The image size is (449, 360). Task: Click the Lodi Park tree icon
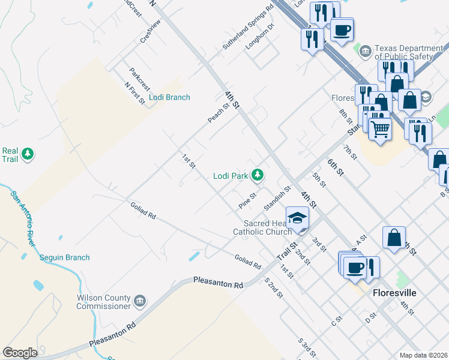(258, 175)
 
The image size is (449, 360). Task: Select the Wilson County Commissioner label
(103, 302)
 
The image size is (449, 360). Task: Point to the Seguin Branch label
(65, 257)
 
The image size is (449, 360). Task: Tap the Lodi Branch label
(170, 97)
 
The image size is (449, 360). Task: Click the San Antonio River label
(22, 213)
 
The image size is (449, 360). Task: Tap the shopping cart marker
(379, 128)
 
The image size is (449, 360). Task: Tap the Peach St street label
(218, 112)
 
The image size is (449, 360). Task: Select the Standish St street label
(277, 197)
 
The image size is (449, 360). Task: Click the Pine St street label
(247, 200)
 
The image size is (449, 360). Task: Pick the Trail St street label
(287, 251)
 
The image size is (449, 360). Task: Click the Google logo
(20, 353)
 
